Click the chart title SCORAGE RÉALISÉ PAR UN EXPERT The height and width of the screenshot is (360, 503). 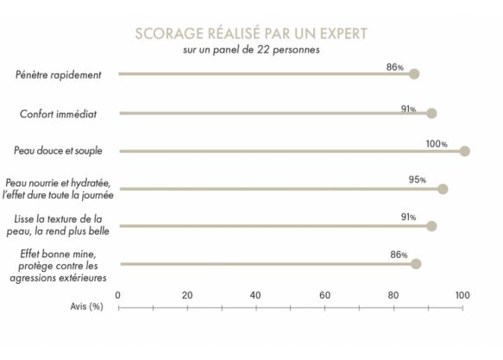251,34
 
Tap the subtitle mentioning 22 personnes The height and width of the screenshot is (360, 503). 251,49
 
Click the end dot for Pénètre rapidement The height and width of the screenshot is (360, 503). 414,74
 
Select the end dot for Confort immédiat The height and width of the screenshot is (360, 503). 431,113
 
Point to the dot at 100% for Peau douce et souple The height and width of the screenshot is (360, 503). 464,151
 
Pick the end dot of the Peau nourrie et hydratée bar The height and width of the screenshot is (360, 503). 443,189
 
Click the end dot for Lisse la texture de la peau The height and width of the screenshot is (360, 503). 431,226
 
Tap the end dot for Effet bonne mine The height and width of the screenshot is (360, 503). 416,263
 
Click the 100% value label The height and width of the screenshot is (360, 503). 437,143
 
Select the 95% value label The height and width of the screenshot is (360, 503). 418,180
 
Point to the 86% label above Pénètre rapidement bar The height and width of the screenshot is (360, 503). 395,66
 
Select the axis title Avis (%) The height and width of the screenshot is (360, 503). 86,306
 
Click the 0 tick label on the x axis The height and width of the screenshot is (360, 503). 118,295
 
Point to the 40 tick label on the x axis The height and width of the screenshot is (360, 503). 255,295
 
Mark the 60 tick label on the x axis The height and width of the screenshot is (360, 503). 324,295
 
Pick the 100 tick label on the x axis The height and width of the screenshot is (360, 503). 462,295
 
